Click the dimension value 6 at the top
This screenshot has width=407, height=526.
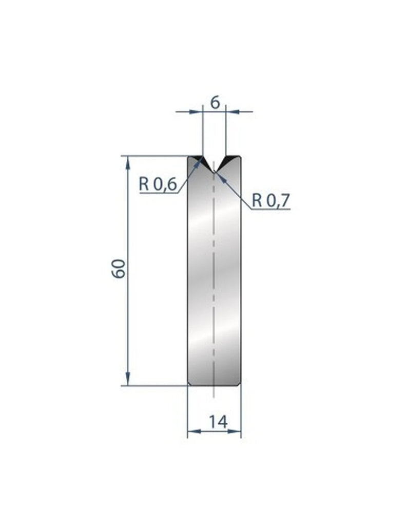(x=215, y=102)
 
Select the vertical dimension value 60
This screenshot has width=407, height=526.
(x=119, y=269)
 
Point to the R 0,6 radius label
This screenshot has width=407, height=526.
(x=157, y=184)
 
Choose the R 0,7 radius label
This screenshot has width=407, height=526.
(x=271, y=200)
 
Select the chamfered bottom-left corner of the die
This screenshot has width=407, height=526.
(x=189, y=383)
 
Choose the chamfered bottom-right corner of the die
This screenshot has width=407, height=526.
(x=239, y=383)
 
